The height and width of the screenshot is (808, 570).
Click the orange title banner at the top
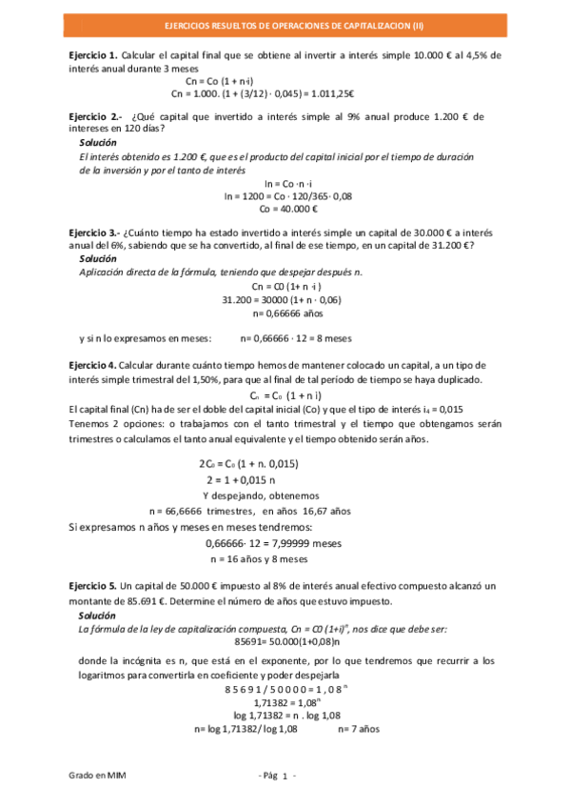pyautogui.click(x=285, y=30)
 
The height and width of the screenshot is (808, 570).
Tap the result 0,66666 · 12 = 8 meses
pyautogui.click(x=296, y=337)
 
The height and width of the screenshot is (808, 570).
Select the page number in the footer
pyautogui.click(x=284, y=778)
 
